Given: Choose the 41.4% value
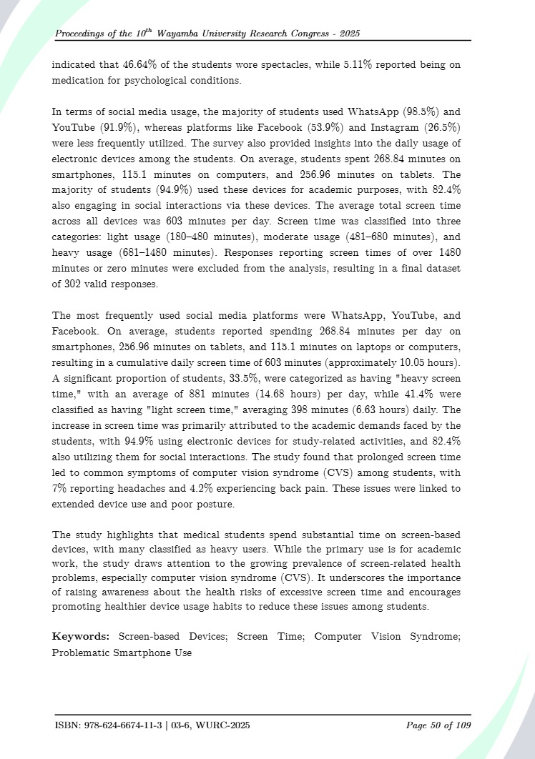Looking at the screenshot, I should coord(416,412).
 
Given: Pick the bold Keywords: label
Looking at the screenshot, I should coord(81,636).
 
